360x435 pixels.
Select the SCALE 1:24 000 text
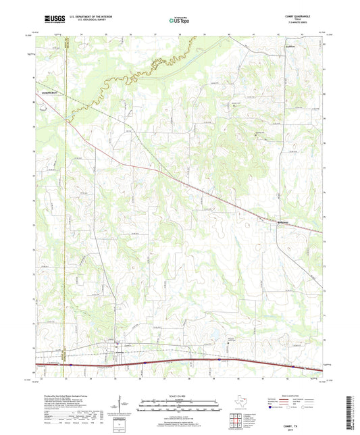click(178, 396)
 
